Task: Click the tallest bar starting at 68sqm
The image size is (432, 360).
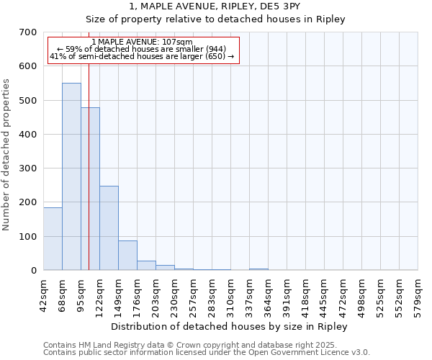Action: tap(71, 176)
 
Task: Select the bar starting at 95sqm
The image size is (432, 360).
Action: tap(90, 189)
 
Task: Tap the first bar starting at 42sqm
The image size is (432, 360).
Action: tap(53, 238)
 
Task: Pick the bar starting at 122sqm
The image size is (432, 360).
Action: tap(109, 228)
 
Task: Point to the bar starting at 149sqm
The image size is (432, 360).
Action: tap(127, 255)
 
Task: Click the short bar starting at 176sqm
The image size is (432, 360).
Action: tap(146, 265)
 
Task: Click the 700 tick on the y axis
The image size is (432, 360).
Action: tap(28, 32)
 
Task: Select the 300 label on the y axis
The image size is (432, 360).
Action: tap(28, 168)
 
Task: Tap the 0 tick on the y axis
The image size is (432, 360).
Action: tap(33, 271)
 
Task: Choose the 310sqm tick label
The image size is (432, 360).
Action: tap(231, 296)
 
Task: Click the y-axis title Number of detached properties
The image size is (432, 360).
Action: tap(7, 156)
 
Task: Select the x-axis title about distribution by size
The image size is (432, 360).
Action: tap(230, 327)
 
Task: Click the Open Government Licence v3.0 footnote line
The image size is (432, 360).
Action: tap(207, 353)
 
